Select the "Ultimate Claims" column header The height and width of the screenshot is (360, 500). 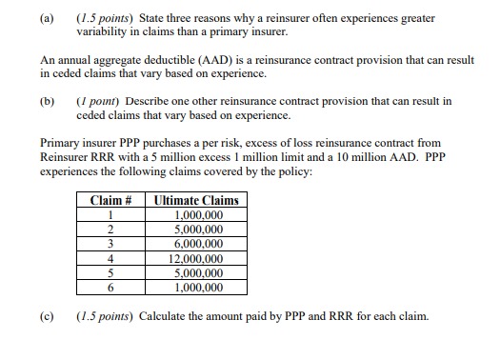[202, 201]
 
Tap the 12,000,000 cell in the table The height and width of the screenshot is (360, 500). [202, 257]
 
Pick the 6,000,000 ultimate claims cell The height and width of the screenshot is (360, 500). [202, 243]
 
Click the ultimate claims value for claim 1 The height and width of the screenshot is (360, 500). [202, 215]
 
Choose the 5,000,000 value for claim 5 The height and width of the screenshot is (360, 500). [202, 271]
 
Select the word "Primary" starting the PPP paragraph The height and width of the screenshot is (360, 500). [61, 143]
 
